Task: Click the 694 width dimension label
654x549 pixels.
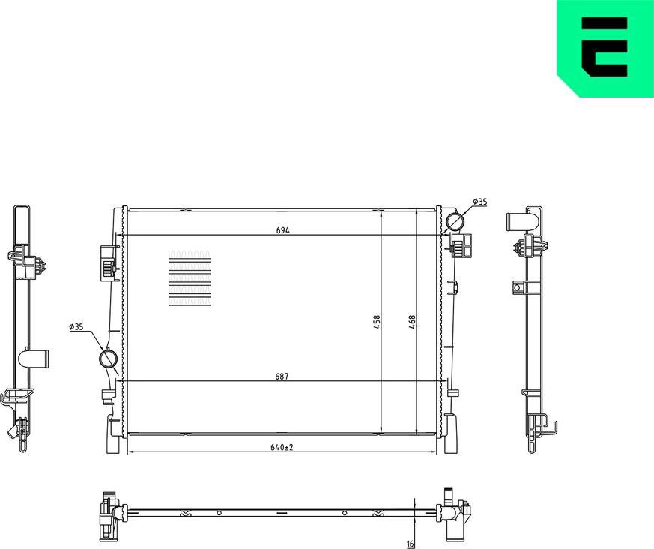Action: (282, 230)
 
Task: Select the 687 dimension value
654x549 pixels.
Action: (282, 376)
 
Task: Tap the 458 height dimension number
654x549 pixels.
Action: (378, 321)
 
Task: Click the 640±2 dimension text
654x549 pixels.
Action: (282, 448)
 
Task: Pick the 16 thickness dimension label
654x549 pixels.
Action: (410, 544)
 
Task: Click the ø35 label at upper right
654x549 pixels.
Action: (479, 202)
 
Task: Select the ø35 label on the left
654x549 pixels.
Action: (76, 327)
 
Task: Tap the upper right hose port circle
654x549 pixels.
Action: (455, 221)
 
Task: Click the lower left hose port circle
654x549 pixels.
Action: (109, 359)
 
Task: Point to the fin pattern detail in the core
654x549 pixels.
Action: (190, 278)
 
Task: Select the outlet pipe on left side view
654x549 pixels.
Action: (34, 358)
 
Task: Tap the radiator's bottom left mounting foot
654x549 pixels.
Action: (113, 442)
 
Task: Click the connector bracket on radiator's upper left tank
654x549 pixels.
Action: (106, 263)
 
